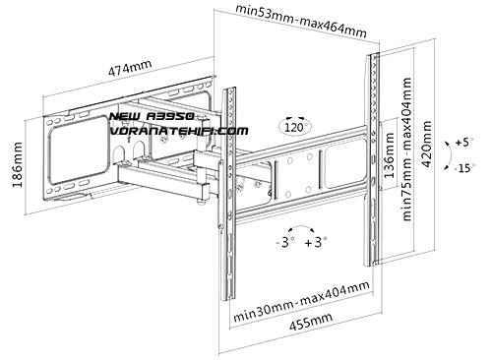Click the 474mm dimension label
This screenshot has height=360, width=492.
point(130,68)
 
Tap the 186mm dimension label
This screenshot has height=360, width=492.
point(17,164)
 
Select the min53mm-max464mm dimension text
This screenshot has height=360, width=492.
point(301,21)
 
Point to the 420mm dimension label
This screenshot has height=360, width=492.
point(426,144)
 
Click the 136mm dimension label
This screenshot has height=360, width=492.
point(389,155)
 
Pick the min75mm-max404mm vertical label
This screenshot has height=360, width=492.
point(406,150)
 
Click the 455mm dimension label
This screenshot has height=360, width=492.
point(311,322)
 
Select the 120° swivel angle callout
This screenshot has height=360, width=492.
point(295,126)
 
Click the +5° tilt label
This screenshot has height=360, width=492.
point(464,143)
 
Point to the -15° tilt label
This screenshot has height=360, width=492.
point(464,168)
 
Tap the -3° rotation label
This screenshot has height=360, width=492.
point(285,243)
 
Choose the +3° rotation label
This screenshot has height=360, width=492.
point(316,243)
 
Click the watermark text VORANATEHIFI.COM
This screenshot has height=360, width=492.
point(179,131)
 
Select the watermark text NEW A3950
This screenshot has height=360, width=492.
point(152,116)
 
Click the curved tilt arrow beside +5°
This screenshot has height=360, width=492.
point(450,155)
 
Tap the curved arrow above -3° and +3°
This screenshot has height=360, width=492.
point(301,227)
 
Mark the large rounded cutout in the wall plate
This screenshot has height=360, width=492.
point(79,150)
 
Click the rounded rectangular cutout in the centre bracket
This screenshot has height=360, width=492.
point(344,163)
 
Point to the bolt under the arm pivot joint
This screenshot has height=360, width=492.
point(201,203)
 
